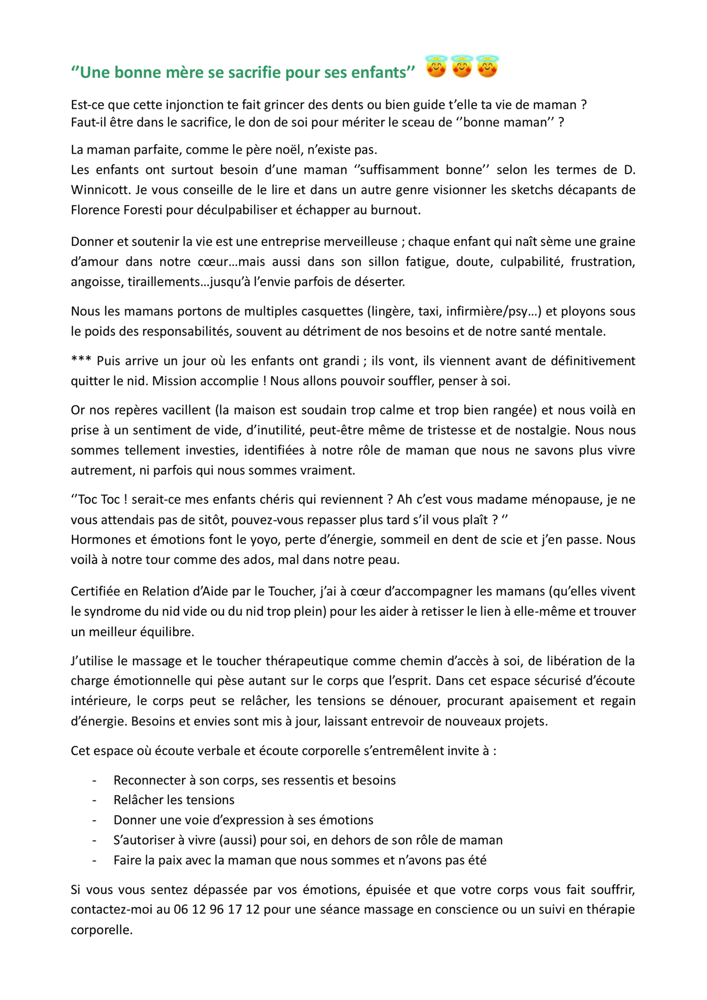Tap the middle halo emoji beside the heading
(x=462, y=66)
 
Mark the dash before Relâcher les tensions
(x=94, y=800)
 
